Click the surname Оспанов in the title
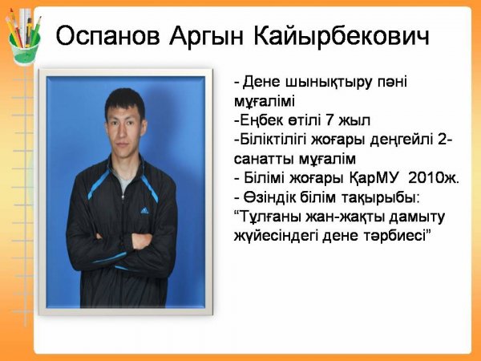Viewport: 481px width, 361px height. [107, 36]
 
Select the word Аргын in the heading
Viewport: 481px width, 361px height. [206, 37]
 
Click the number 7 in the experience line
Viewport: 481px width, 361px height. [329, 120]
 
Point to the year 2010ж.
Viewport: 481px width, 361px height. [434, 178]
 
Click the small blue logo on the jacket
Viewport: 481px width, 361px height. [144, 210]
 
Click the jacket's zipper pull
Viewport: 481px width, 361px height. [123, 197]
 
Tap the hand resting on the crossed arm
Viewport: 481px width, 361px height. [142, 241]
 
